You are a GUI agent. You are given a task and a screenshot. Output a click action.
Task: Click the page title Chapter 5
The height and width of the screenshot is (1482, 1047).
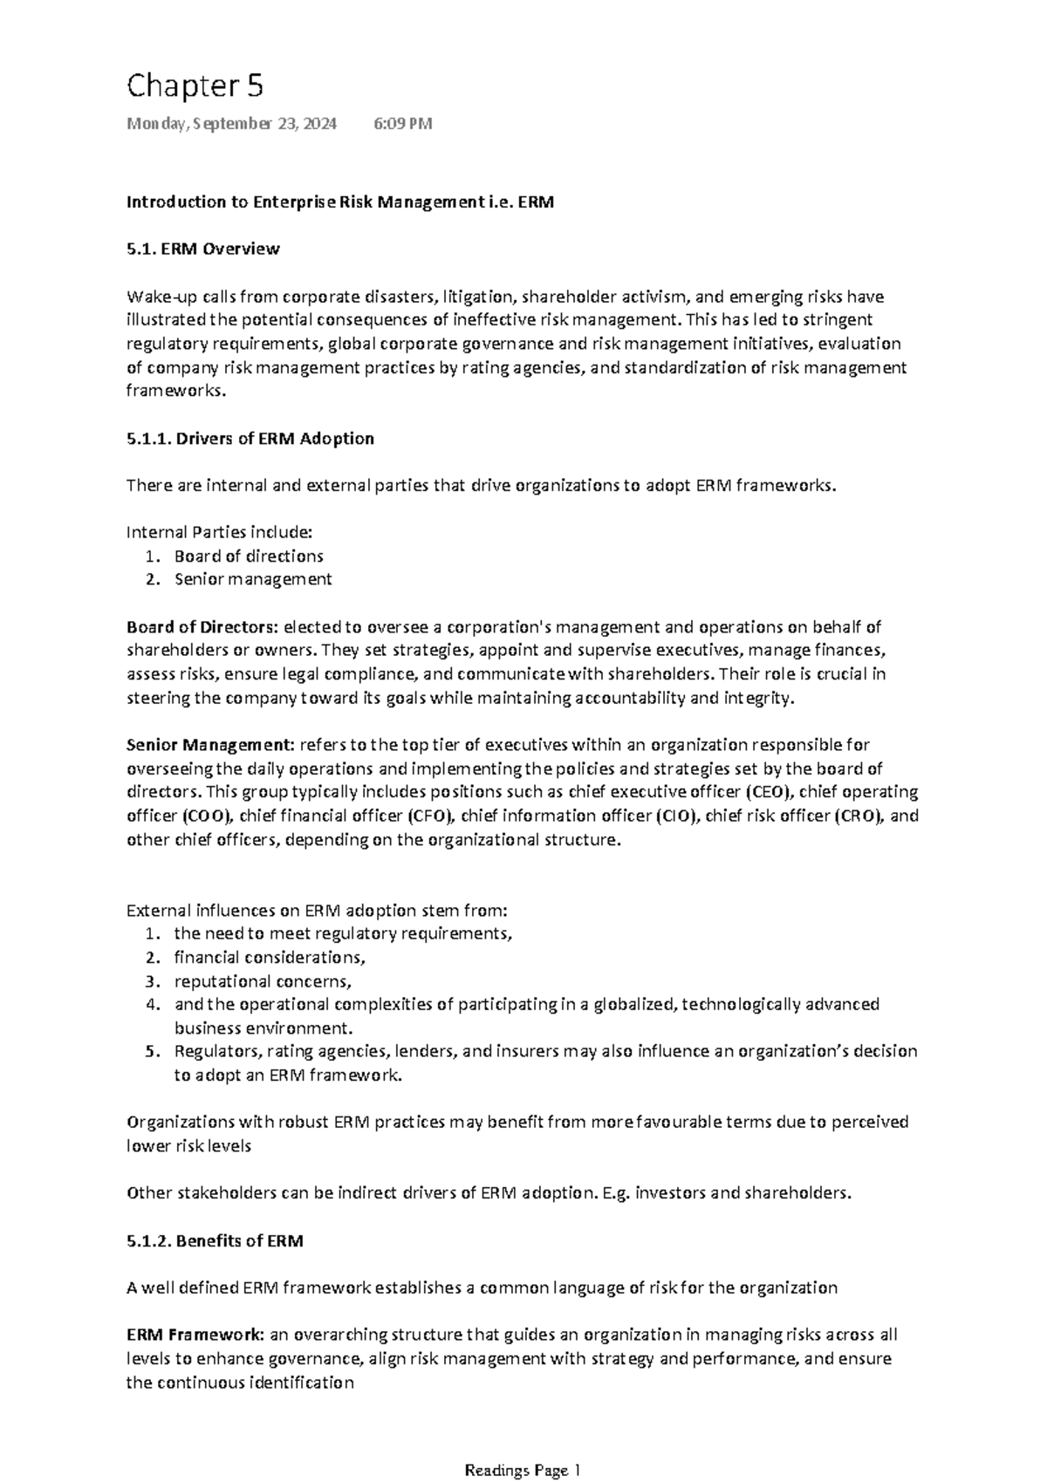coord(195,86)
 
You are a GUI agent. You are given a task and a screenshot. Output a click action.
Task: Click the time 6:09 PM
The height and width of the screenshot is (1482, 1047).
coord(402,124)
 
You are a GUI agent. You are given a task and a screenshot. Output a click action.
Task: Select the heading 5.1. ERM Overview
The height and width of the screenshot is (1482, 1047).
coord(202,249)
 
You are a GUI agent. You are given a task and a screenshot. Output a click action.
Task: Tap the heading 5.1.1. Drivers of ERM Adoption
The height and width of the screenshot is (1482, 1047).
coord(250,439)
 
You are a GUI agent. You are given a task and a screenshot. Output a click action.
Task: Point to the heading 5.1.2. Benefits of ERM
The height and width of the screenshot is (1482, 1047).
coord(215,1240)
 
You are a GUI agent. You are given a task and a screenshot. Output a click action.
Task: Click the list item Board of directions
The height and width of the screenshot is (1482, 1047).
coord(249,557)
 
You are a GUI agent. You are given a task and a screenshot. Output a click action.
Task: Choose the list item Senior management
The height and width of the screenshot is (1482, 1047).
coord(253,579)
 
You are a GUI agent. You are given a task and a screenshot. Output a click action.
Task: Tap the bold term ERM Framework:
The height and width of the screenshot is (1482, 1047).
coord(196,1335)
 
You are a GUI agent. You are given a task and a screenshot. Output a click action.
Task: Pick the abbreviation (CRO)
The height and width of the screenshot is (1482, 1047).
coord(859,816)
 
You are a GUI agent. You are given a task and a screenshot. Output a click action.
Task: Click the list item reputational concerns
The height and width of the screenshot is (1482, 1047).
coord(262,980)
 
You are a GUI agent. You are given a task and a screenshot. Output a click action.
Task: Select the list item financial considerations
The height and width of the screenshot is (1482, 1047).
coord(269,957)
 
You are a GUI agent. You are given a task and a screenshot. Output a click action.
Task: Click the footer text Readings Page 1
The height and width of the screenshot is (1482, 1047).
coord(523,1471)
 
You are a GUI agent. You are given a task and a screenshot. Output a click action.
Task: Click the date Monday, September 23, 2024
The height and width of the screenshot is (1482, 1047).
coord(231,124)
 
